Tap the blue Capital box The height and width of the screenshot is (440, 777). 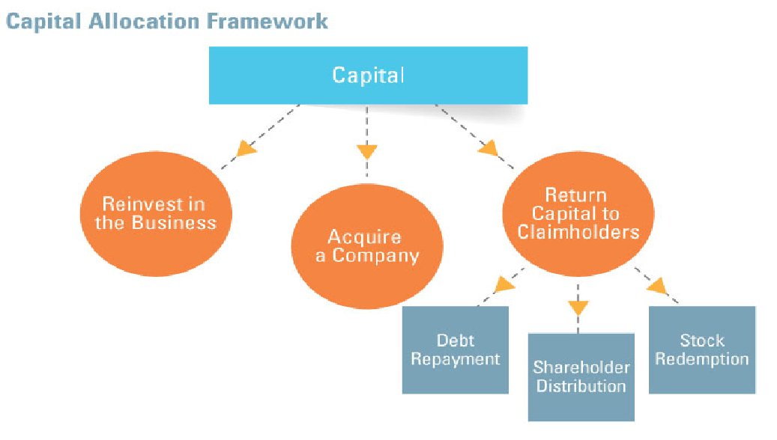click(x=368, y=75)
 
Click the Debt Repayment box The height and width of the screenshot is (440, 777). click(x=456, y=349)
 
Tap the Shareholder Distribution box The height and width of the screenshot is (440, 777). click(x=581, y=376)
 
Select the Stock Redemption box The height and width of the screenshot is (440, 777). click(x=701, y=349)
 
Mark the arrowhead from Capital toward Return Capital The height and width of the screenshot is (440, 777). click(x=489, y=147)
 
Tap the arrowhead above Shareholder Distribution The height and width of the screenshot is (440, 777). click(x=578, y=307)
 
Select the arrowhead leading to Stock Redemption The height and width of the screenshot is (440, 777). click(x=657, y=285)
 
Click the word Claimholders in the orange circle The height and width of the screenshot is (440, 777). click(x=578, y=232)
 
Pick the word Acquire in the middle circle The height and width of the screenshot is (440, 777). click(x=364, y=237)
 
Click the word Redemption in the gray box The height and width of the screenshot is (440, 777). click(x=701, y=358)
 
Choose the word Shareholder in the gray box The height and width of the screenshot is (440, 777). click(x=581, y=367)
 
